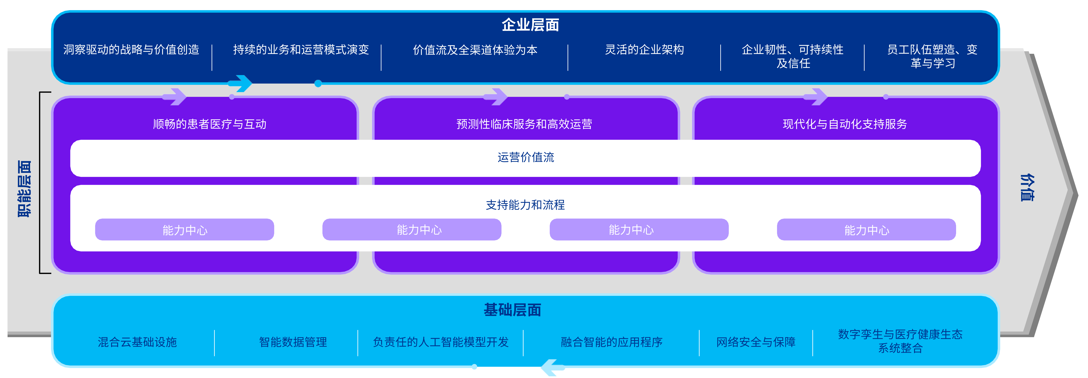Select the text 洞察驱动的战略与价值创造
coord(131,50)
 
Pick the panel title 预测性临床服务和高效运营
coord(524,124)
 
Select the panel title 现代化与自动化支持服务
coord(845,124)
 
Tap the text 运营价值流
coord(526,157)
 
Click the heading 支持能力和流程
coord(525,205)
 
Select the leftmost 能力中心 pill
coord(185,230)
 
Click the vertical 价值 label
coord(1027,187)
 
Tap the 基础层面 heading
coord(512,310)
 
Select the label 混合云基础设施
coord(137,342)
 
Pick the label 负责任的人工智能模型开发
coord(441,342)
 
